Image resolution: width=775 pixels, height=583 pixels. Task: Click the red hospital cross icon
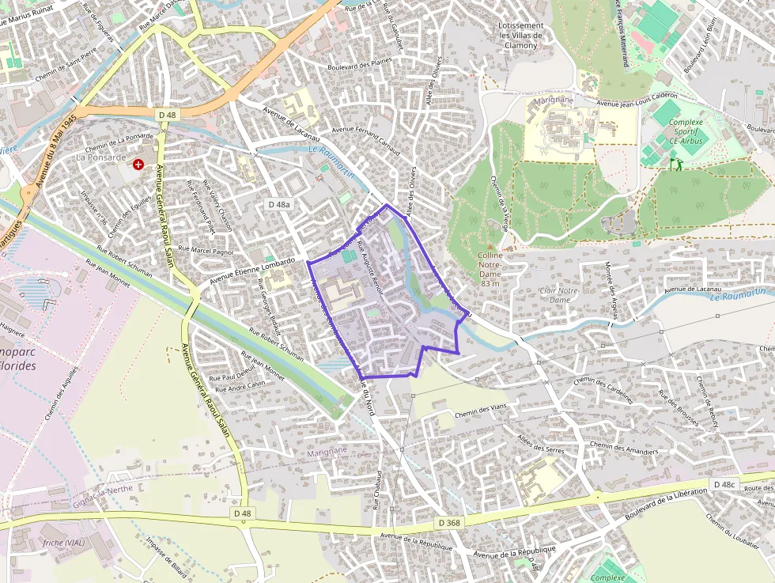(x=139, y=164)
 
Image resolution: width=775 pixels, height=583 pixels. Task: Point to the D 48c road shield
(x=724, y=483)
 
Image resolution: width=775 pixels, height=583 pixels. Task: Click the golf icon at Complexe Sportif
(x=675, y=163)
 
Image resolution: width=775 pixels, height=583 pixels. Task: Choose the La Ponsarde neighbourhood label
(x=100, y=157)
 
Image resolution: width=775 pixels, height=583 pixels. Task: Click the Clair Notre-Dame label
(x=560, y=295)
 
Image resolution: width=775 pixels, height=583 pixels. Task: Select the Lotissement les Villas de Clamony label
(x=521, y=36)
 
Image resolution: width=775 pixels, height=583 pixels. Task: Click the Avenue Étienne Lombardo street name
(x=252, y=271)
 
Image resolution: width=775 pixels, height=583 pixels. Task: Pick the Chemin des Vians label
(x=480, y=411)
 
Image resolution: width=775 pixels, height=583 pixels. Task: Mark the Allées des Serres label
(x=541, y=442)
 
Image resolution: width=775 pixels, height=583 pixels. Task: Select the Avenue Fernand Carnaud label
(x=366, y=141)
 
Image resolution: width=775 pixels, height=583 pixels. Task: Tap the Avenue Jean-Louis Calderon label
(x=640, y=104)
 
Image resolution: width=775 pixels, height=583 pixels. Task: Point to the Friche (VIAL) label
(x=64, y=543)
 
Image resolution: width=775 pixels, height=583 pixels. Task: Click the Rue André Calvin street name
(x=240, y=386)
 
